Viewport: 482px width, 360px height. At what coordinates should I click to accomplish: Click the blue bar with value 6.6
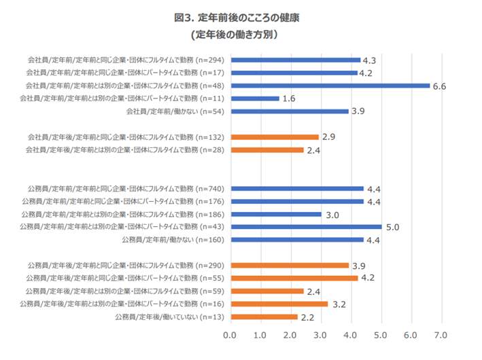coord(330,86)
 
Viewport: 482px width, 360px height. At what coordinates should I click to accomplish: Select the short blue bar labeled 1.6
coord(255,98)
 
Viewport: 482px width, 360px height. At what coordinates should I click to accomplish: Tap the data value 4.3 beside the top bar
coord(370,60)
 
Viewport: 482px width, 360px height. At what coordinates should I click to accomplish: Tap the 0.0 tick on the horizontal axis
coord(230,336)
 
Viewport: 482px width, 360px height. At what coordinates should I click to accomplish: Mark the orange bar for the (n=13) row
coord(264,317)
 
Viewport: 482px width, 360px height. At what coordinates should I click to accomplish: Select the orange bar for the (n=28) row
coord(266,149)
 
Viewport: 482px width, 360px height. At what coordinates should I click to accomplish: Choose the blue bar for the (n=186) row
coord(275,214)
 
